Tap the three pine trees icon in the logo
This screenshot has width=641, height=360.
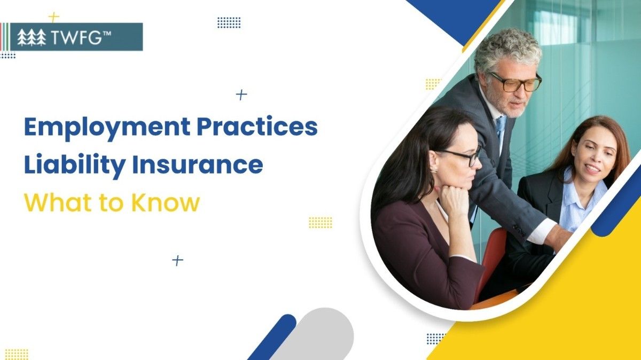point(32,37)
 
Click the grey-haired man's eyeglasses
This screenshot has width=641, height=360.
point(515,82)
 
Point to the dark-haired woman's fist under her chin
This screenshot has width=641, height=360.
point(454,201)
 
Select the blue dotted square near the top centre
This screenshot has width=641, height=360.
point(229,22)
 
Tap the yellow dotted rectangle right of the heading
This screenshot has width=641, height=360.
point(320,222)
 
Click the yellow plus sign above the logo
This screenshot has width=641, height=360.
point(54,17)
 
